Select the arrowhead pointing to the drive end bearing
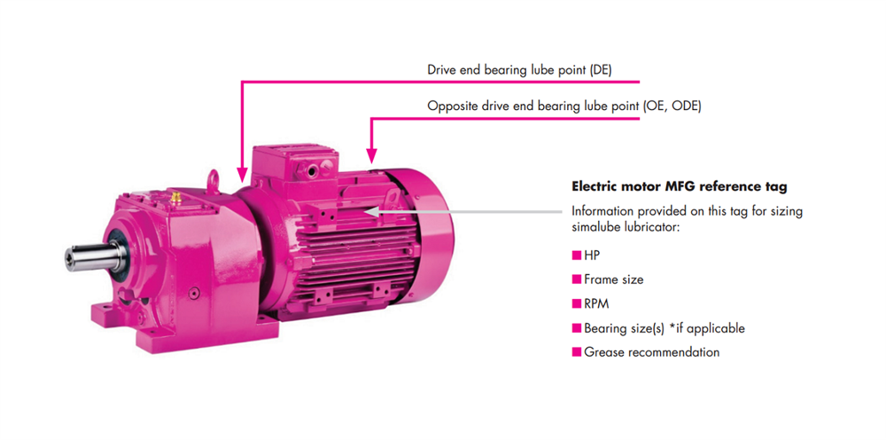coord(240,174)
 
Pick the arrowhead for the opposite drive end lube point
coord(372,152)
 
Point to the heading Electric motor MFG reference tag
coord(679,187)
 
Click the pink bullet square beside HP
coord(576,255)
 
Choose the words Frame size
coord(613,279)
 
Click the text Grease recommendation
coord(651,352)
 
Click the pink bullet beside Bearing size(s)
coord(576,328)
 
